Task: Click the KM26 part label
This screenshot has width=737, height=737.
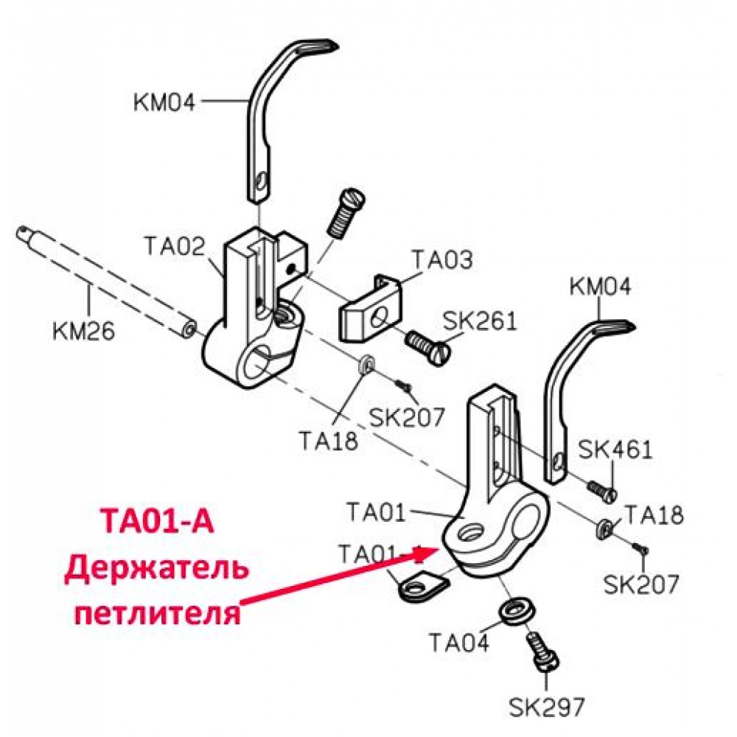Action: (84, 331)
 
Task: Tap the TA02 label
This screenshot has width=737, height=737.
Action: (175, 246)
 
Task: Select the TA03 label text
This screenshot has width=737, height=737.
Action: (441, 259)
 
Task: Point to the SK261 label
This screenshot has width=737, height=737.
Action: (480, 321)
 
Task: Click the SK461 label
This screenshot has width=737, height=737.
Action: (615, 450)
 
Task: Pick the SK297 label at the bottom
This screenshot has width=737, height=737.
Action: (547, 707)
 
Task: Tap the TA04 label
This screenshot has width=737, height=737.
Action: (459, 642)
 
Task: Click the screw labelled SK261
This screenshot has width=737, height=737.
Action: (427, 346)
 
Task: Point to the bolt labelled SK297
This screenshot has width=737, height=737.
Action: (543, 651)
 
